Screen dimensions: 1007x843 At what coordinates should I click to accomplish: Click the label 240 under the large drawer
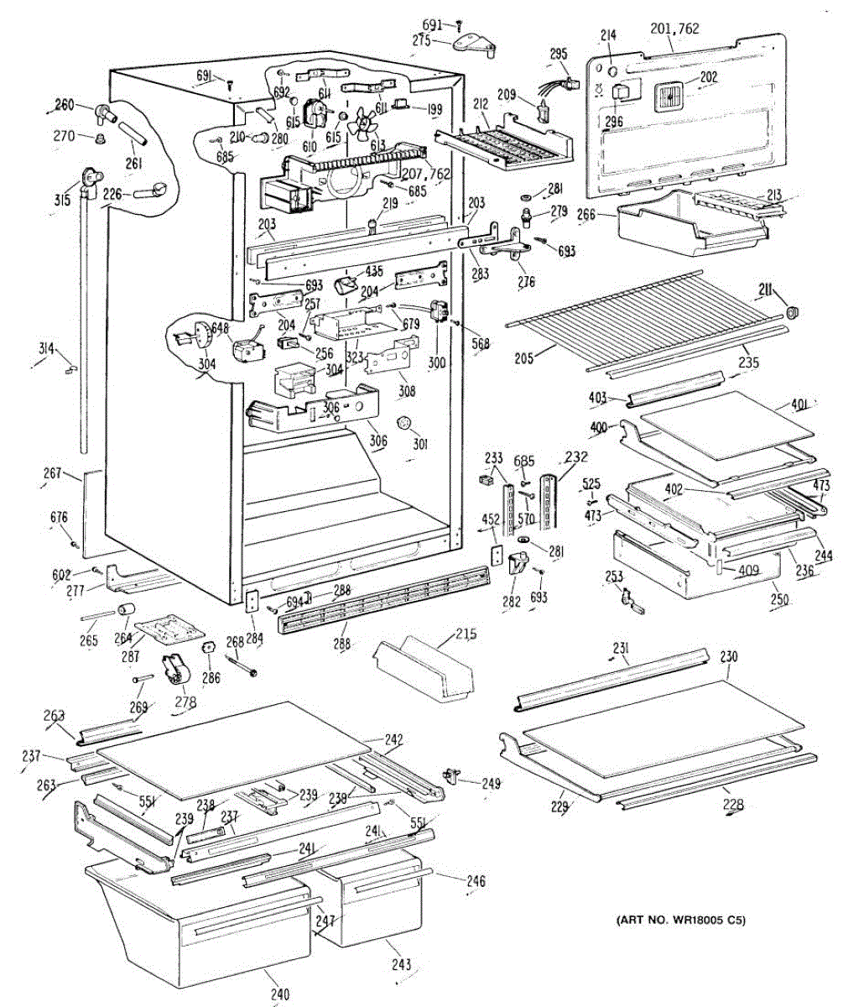(x=280, y=995)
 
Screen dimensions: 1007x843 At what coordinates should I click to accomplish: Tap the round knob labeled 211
(x=792, y=314)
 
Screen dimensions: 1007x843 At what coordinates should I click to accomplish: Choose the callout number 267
(x=54, y=474)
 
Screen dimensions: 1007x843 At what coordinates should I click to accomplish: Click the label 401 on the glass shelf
(x=799, y=405)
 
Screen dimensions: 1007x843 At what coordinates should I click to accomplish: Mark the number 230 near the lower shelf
(x=729, y=657)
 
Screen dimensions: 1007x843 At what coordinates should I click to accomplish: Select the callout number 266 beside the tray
(x=587, y=215)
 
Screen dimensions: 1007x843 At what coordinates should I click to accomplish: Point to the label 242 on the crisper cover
(x=393, y=739)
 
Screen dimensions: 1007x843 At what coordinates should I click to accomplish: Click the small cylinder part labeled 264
(x=127, y=608)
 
